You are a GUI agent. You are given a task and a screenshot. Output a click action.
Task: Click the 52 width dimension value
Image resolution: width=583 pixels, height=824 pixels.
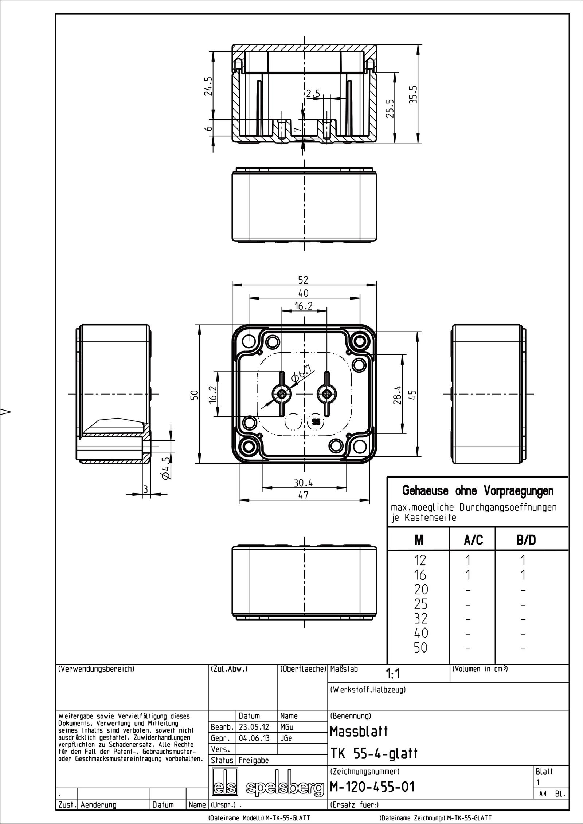click(303, 280)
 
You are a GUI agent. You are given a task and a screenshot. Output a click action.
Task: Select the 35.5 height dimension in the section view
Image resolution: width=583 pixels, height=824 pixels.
click(413, 94)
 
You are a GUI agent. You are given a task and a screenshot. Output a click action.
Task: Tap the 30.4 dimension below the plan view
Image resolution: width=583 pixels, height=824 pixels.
click(304, 483)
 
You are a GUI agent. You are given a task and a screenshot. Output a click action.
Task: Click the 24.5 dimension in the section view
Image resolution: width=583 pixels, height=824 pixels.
click(208, 86)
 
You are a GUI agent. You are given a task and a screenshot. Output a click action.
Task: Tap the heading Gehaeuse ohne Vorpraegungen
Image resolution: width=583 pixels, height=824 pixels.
click(478, 491)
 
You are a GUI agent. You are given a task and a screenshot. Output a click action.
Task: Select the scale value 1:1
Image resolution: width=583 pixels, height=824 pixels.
click(393, 674)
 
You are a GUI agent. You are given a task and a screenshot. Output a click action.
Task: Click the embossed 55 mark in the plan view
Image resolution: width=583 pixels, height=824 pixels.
click(316, 422)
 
